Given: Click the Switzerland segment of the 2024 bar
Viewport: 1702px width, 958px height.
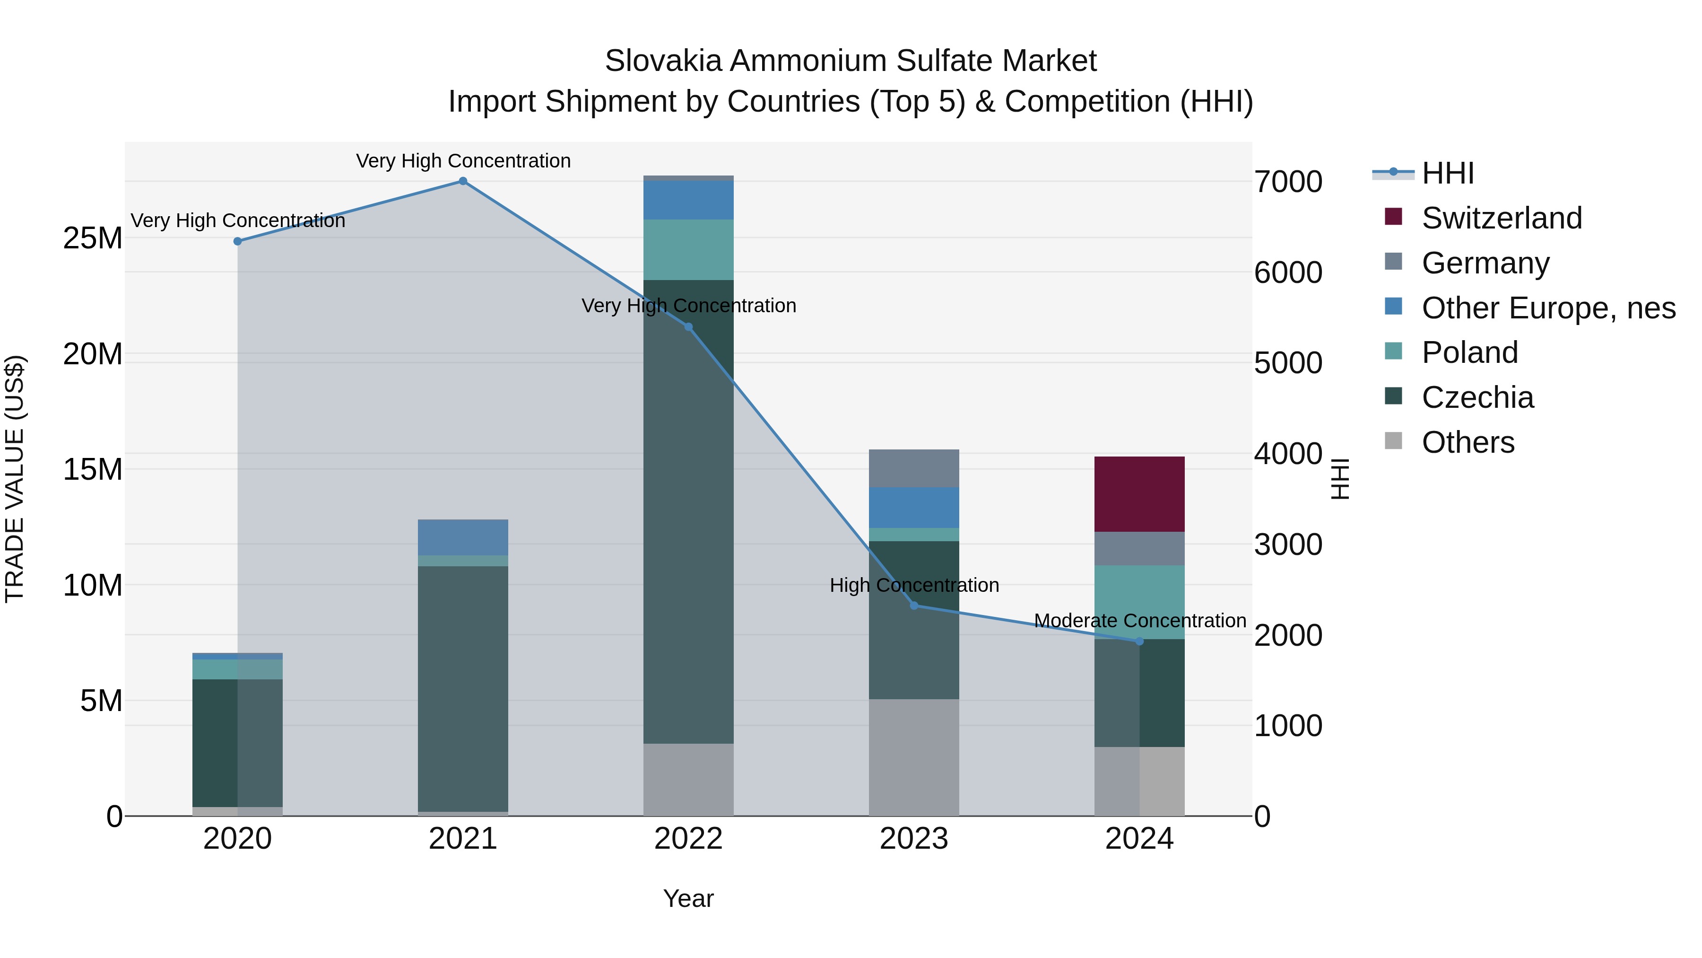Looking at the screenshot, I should [1139, 494].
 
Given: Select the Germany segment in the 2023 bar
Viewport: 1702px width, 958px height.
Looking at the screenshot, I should [914, 468].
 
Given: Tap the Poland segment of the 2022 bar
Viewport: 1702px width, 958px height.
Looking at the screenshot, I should [688, 249].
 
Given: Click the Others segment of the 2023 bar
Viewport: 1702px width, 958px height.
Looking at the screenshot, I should [914, 757].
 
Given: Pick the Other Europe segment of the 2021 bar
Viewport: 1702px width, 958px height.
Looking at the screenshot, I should [463, 537].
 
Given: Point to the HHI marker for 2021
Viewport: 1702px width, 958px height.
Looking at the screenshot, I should [463, 181].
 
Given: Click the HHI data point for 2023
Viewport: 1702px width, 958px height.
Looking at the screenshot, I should [914, 605].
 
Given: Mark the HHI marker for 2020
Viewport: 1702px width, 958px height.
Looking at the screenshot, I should [238, 241].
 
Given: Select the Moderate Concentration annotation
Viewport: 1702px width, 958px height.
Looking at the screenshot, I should [1140, 621].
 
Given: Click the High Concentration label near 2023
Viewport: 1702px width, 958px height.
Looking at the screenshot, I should [914, 585].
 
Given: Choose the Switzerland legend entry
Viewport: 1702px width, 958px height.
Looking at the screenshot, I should [1501, 218].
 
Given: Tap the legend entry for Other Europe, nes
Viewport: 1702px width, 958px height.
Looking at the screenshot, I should [1548, 308].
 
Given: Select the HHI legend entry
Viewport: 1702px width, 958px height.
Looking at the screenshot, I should [1447, 173].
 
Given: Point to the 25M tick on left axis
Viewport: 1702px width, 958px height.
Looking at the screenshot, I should [93, 238].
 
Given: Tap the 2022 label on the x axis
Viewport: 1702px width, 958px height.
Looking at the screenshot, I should [688, 839].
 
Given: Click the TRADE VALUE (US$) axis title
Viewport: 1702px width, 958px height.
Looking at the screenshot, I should [15, 479].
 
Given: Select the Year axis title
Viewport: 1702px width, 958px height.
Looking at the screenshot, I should [688, 898].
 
